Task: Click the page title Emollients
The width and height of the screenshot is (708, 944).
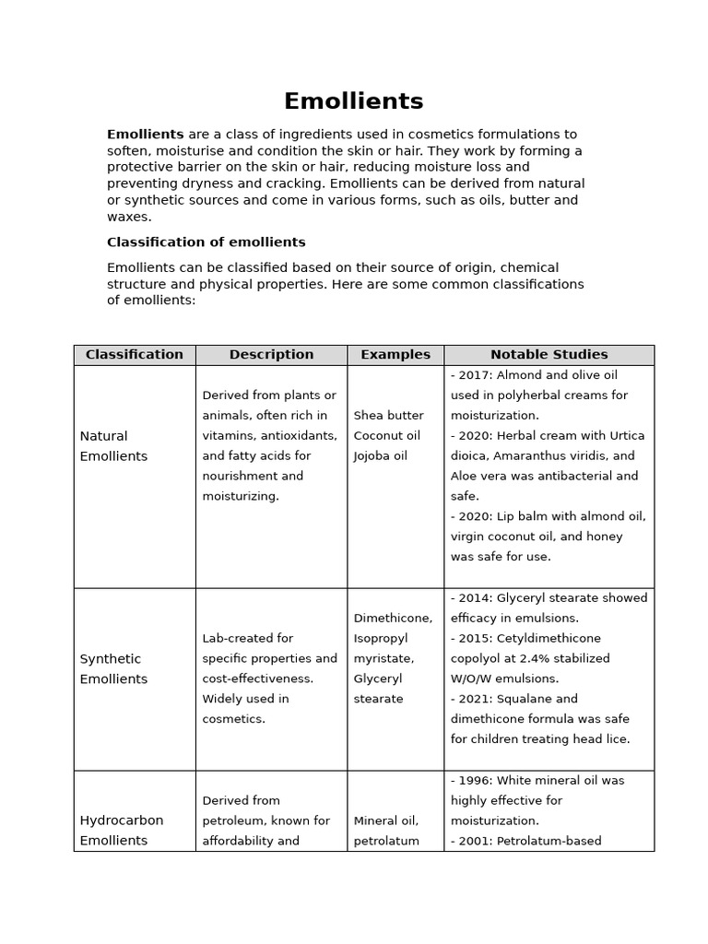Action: [353, 101]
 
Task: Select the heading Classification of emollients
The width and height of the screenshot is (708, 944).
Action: [206, 242]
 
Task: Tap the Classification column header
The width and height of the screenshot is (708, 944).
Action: [135, 355]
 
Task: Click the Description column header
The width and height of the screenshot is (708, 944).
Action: [271, 355]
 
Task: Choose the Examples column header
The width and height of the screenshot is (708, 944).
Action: [395, 355]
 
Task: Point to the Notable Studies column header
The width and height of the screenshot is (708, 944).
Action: [549, 355]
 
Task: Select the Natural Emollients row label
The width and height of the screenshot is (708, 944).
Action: [113, 446]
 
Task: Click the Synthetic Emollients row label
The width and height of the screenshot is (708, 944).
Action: [113, 669]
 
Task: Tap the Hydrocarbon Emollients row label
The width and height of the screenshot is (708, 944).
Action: [122, 831]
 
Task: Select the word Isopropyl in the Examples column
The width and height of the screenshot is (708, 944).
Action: [381, 639]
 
